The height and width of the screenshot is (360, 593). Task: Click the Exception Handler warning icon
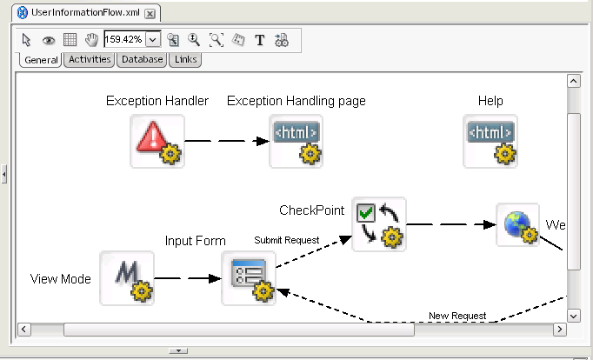[157, 141]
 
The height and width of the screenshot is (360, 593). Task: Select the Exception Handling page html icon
[296, 141]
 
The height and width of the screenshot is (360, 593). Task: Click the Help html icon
[490, 141]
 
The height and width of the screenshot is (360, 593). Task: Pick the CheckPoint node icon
[379, 224]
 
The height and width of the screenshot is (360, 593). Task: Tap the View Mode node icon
[127, 278]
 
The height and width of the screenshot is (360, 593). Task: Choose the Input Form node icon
[249, 278]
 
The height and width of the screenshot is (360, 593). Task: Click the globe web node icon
[517, 225]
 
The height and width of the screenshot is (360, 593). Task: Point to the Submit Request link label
[287, 240]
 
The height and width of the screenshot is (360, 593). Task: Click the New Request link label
[457, 315]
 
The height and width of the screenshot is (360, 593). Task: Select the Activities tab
[90, 59]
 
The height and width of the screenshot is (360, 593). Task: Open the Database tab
[142, 59]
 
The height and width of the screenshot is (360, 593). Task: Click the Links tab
[185, 59]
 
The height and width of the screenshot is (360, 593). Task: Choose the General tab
[41, 60]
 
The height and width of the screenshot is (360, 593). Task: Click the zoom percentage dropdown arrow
[153, 39]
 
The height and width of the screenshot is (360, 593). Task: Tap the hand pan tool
[90, 39]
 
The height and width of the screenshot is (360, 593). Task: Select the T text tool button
[259, 39]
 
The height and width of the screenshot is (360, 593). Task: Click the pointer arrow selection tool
[27, 39]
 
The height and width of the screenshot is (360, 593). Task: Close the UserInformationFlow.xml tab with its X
[150, 14]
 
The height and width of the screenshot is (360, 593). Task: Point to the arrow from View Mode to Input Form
[187, 279]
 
